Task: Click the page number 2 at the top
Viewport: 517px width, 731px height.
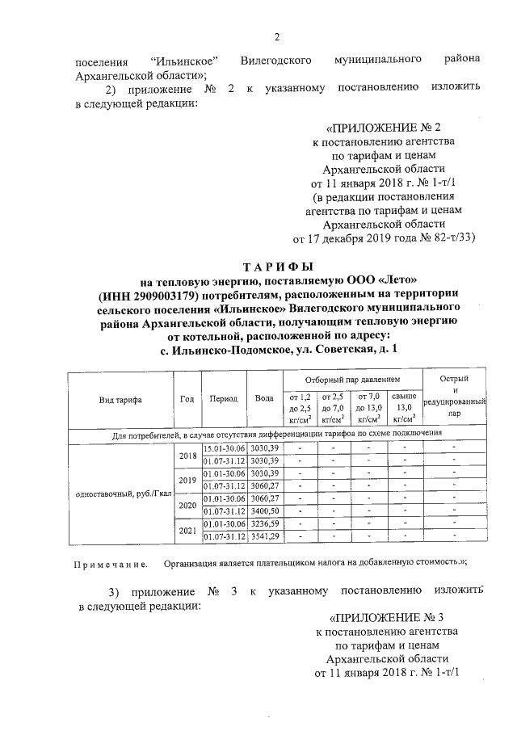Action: point(277,36)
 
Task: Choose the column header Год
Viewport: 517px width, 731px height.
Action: point(187,399)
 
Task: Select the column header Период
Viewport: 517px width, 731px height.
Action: point(223,399)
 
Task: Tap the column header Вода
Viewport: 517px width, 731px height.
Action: point(263,399)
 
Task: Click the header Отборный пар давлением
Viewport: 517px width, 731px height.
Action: point(352,378)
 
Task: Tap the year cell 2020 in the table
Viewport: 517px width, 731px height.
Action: point(187,505)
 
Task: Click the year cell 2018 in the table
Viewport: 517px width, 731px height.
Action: point(187,455)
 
